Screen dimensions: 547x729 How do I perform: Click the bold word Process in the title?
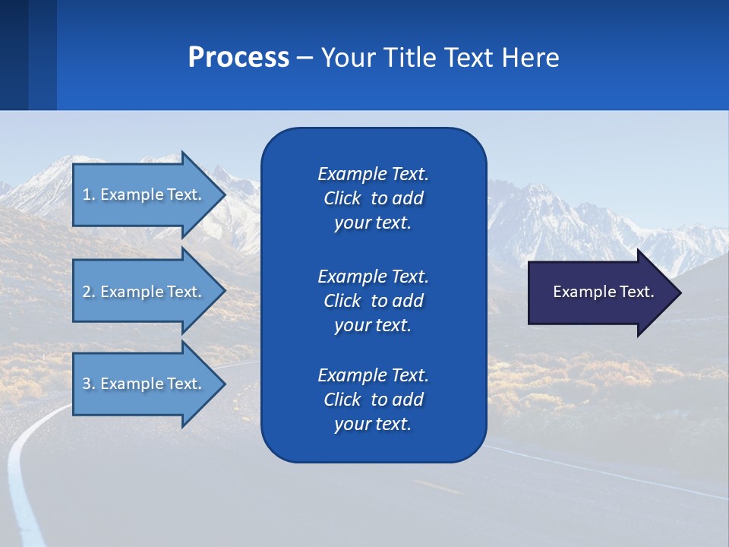pos(238,58)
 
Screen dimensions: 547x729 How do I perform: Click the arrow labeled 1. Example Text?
pos(144,194)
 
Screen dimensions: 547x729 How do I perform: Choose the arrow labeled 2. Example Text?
pos(144,292)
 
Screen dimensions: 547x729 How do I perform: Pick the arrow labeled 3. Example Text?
pos(144,384)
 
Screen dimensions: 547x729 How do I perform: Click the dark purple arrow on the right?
pos(600,292)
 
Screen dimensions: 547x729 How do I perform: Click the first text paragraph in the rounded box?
pos(373,198)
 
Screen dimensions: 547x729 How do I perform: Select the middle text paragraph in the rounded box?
pos(373,301)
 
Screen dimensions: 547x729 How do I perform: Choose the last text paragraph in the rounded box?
pos(373,400)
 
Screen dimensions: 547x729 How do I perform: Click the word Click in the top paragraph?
pos(342,198)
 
